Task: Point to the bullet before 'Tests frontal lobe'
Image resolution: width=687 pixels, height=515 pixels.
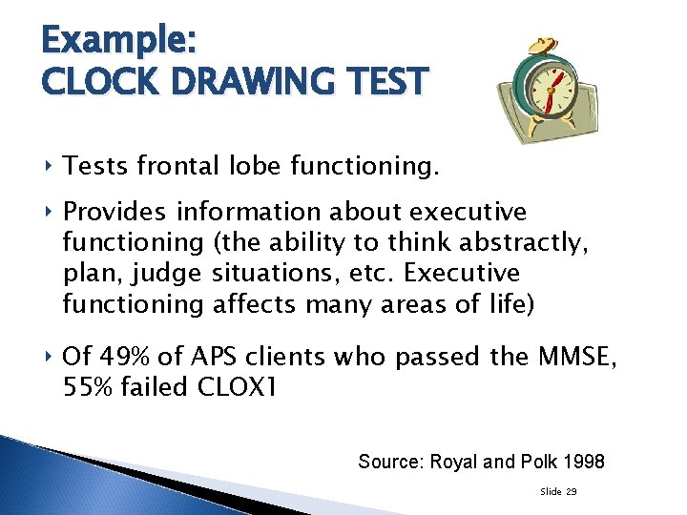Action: tap(49, 168)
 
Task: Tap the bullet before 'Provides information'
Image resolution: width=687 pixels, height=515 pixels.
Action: tap(49, 211)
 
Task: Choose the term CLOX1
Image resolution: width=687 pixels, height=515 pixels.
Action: tap(238, 388)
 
